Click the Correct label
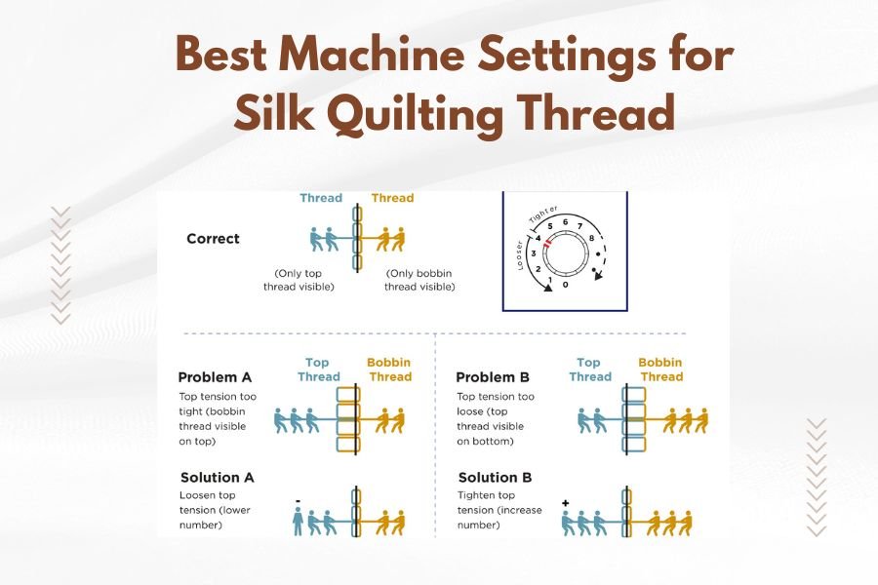(x=213, y=238)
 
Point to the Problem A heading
(x=218, y=377)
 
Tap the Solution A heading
(x=217, y=478)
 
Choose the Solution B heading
(x=495, y=478)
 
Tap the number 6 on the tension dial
(x=565, y=221)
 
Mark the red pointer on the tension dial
(x=548, y=243)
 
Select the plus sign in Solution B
(x=566, y=502)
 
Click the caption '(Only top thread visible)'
(x=299, y=280)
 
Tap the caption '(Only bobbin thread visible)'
(x=419, y=280)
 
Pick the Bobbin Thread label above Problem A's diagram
(x=388, y=370)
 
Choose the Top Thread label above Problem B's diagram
(x=589, y=370)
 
